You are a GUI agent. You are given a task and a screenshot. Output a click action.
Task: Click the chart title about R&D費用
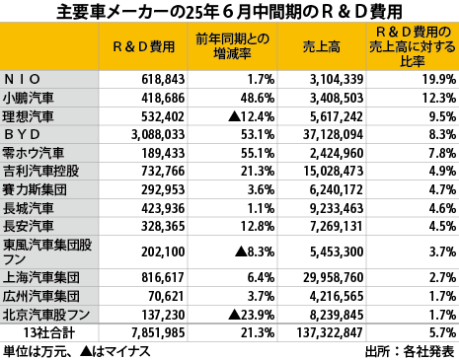pos(229,13)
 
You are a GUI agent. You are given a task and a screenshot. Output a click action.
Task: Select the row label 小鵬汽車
pos(33,97)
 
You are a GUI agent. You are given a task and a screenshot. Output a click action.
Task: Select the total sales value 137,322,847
pos(334,332)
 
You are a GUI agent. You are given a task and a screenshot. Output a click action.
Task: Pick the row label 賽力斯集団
pos(33,188)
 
